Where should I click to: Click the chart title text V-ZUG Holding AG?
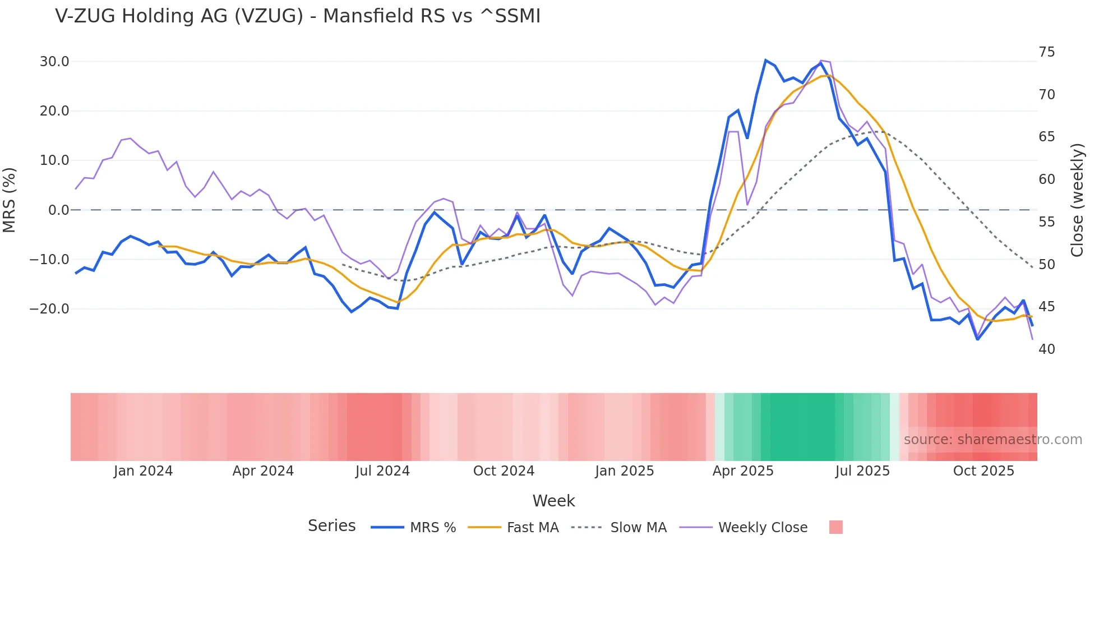297,16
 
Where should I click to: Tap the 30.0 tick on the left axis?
54,62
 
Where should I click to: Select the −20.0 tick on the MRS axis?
50,309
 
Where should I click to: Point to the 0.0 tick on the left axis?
59,210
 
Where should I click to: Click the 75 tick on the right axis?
1046,52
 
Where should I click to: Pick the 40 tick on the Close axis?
1046,349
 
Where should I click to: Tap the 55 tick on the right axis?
1046,222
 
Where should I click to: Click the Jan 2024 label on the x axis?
143,471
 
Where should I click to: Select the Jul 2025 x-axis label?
862,471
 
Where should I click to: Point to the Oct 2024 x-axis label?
504,471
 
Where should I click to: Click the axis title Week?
553,501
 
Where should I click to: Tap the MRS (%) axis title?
10,200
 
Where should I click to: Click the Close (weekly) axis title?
1077,200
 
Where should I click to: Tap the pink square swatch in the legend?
835,527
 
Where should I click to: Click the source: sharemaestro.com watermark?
992,440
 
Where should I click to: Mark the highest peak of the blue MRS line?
765,60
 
